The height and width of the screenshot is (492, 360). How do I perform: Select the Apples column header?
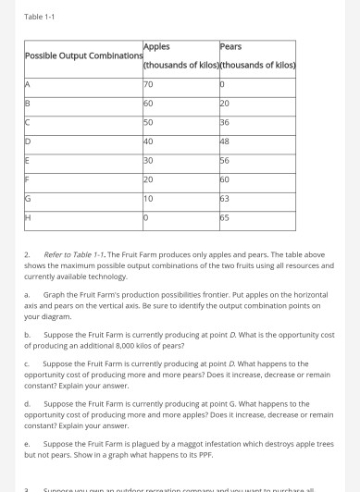[x=157, y=45]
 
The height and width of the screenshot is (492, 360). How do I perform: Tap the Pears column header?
[x=230, y=45]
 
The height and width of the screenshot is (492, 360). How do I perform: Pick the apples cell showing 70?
[x=150, y=85]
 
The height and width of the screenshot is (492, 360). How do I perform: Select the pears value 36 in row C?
[x=227, y=123]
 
